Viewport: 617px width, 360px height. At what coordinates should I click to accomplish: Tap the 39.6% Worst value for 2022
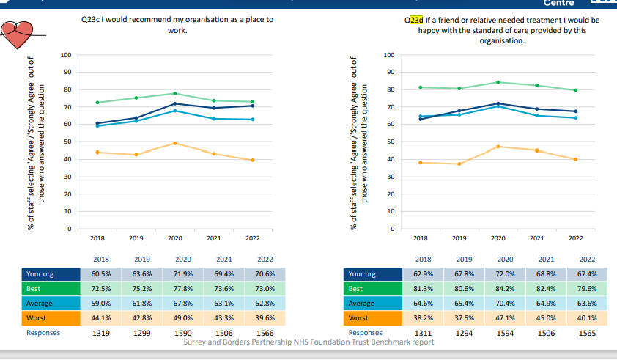click(265, 318)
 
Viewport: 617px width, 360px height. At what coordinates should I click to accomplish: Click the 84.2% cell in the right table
click(505, 289)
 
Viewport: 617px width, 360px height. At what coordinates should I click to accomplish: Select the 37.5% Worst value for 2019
click(464, 318)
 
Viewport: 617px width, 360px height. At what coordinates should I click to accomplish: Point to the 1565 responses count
click(587, 333)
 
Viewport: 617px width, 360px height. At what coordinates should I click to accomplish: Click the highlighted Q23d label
click(413, 21)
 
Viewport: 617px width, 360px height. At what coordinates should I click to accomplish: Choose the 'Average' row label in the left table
click(39, 304)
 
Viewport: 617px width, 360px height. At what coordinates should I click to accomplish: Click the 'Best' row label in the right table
click(355, 289)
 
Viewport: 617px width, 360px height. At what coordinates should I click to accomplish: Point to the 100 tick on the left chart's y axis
click(66, 55)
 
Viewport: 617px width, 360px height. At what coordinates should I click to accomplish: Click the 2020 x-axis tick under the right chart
click(498, 239)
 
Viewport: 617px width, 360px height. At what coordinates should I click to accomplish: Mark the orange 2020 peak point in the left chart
click(175, 143)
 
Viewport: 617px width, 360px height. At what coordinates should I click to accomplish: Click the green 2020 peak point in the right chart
click(498, 82)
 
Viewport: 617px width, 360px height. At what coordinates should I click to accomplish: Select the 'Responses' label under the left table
click(43, 333)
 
